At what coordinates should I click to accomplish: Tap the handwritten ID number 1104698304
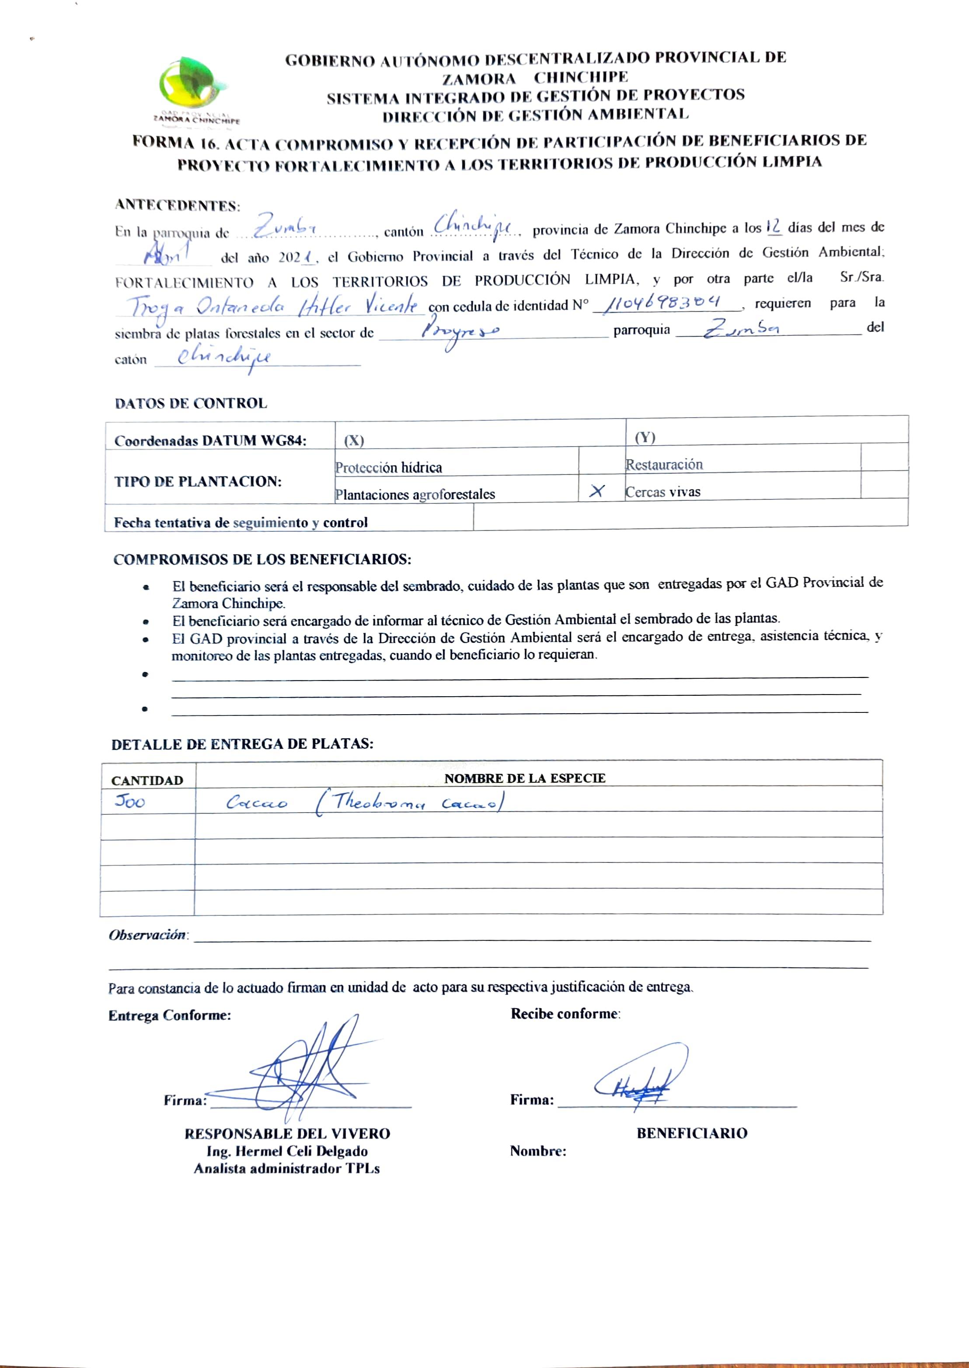coord(662,303)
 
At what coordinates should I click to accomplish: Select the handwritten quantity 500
coord(130,801)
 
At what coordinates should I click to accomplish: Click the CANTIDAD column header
coord(147,780)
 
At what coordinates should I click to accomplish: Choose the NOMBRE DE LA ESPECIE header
coord(524,778)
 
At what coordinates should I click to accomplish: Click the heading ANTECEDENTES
coord(177,205)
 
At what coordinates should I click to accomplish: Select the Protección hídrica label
coord(388,467)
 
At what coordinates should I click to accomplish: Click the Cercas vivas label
coord(662,492)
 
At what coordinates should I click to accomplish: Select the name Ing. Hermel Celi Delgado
coord(287,1151)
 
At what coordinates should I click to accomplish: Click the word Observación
coord(147,935)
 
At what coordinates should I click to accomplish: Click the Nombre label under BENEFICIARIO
coord(537,1151)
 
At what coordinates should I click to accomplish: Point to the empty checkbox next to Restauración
coord(884,457)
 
